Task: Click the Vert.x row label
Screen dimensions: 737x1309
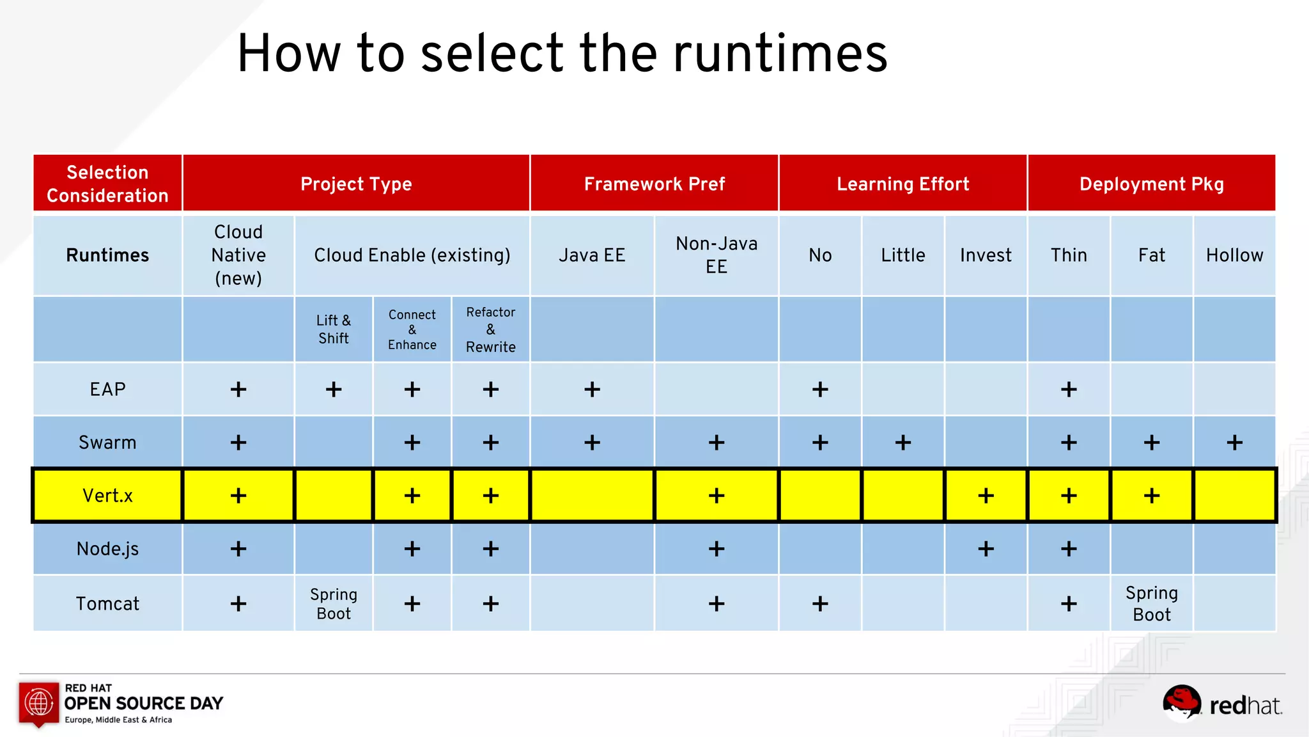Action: pyautogui.click(x=107, y=496)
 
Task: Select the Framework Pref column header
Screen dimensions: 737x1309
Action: pyautogui.click(x=654, y=184)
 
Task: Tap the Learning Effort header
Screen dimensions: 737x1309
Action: pyautogui.click(x=902, y=184)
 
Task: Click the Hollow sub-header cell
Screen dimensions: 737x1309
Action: pyautogui.click(x=1234, y=255)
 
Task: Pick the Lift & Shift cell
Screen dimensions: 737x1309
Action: pyautogui.click(x=334, y=329)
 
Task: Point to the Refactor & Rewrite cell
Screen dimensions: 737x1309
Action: pyautogui.click(x=490, y=329)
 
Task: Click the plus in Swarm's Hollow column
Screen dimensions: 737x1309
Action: pyautogui.click(x=1234, y=443)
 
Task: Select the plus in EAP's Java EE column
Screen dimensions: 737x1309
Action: pyautogui.click(x=592, y=390)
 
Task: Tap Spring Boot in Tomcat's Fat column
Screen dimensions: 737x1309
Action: pyautogui.click(x=1151, y=603)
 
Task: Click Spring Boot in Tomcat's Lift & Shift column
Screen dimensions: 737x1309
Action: pyautogui.click(x=334, y=603)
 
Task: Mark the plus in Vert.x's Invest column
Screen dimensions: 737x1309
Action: pyautogui.click(x=986, y=496)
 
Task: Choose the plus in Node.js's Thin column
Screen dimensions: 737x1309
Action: pyautogui.click(x=1069, y=549)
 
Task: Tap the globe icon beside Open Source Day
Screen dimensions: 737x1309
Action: pyautogui.click(x=39, y=702)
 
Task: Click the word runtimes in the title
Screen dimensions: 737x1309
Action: pyautogui.click(x=780, y=54)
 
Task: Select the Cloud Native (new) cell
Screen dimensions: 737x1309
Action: pyautogui.click(x=238, y=255)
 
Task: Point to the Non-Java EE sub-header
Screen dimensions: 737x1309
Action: pyautogui.click(x=716, y=255)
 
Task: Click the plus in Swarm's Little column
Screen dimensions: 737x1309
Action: pyautogui.click(x=902, y=443)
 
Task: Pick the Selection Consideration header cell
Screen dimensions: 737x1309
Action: pyautogui.click(x=107, y=184)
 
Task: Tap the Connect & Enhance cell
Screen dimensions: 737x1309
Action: pyautogui.click(x=412, y=329)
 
